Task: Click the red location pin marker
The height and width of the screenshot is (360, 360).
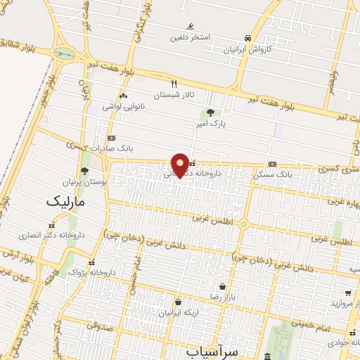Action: [181, 163]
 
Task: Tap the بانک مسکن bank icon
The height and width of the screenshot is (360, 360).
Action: [272, 163]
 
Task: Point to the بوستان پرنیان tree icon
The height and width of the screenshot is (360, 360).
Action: [84, 170]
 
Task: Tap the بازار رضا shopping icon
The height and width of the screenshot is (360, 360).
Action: [223, 286]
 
